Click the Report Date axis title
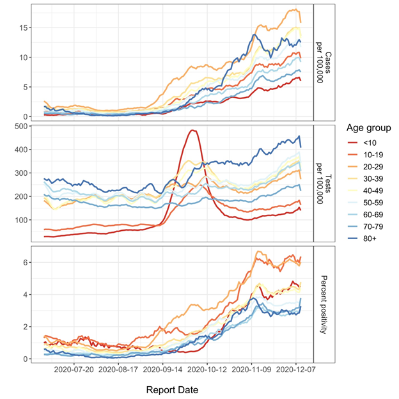coord(172,389)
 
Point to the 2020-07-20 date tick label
coord(75,370)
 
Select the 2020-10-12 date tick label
coord(208,370)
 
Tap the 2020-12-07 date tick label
coord(296,370)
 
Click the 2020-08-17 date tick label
coord(119,370)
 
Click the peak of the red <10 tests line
coord(192,130)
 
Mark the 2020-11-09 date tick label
coord(252,370)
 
